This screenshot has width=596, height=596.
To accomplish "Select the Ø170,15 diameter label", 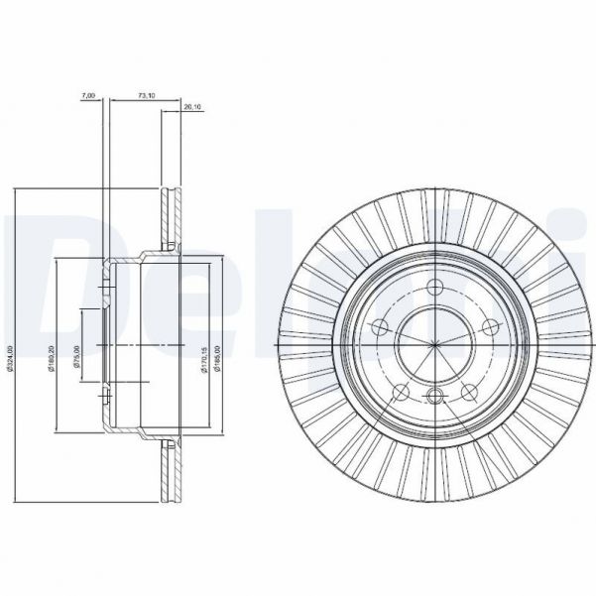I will click(202, 352).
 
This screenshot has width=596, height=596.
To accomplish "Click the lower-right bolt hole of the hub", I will click(470, 389).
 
